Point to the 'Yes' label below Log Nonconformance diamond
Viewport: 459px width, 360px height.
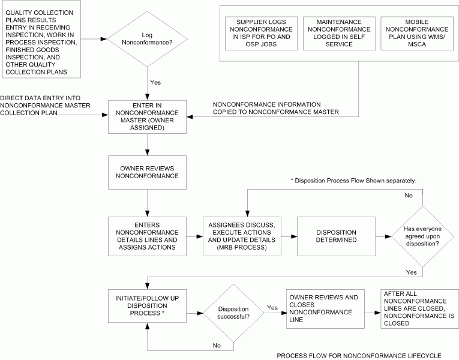click(155, 82)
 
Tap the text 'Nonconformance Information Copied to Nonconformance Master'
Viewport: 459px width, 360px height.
click(276, 107)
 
